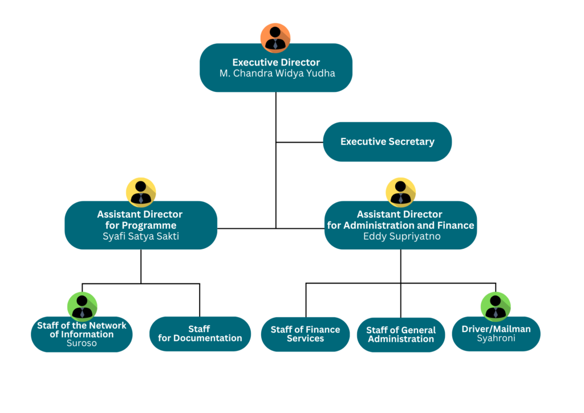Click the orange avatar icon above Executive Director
click(275, 38)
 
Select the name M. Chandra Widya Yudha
click(277, 74)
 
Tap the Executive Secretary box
click(387, 142)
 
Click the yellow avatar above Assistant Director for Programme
click(141, 192)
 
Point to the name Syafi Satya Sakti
click(141, 236)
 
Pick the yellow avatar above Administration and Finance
click(400, 192)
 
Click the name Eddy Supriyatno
click(402, 236)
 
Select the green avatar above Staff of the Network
click(82, 306)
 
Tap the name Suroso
click(82, 343)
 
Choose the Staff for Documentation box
click(200, 334)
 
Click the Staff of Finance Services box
click(306, 334)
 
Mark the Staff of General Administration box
click(401, 334)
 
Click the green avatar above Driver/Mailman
click(496, 306)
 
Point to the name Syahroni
click(496, 338)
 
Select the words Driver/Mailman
click(496, 329)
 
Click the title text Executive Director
click(276, 62)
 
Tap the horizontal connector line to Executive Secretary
click(299, 142)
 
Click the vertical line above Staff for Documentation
click(200, 300)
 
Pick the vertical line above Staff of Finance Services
click(306, 300)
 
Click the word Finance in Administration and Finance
click(456, 225)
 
